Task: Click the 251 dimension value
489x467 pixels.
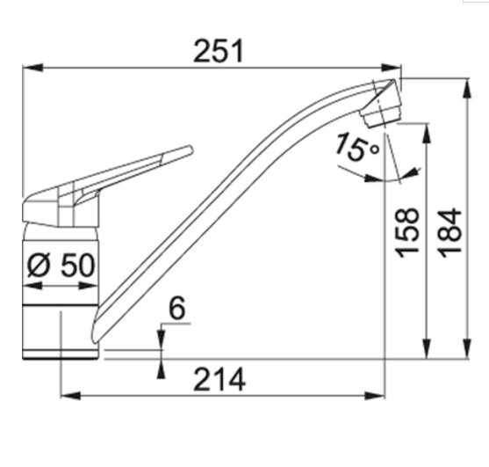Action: [x=218, y=51]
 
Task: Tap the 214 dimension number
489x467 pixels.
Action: [x=219, y=380]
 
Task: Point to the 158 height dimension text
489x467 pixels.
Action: [x=407, y=233]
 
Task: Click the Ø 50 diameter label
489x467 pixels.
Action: [x=61, y=265]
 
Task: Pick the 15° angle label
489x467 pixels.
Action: [x=357, y=147]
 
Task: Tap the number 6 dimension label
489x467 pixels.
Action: [x=176, y=308]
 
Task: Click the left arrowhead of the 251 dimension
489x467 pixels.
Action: [x=32, y=68]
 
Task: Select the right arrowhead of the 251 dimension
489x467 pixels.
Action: [x=391, y=68]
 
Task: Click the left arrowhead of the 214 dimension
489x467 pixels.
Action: [x=71, y=396]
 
